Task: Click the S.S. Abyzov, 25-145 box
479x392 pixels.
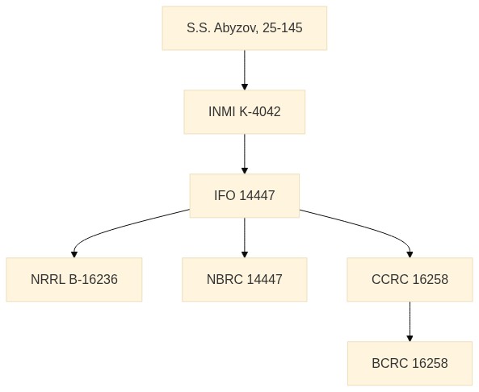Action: pyautogui.click(x=245, y=28)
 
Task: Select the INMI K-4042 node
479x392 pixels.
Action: pyautogui.click(x=245, y=111)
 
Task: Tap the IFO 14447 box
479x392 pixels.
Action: pyautogui.click(x=245, y=195)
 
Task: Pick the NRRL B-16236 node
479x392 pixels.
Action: pyautogui.click(x=74, y=279)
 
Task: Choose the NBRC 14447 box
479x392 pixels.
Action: pyautogui.click(x=245, y=279)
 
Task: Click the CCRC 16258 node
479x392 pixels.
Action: pyautogui.click(x=410, y=279)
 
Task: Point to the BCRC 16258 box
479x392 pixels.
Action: pyautogui.click(x=410, y=363)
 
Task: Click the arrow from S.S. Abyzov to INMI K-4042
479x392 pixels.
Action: pyautogui.click(x=245, y=70)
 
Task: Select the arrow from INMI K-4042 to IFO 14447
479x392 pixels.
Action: pyautogui.click(x=245, y=154)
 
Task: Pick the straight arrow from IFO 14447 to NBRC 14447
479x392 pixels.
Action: pyautogui.click(x=245, y=238)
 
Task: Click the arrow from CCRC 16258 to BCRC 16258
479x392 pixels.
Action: pyautogui.click(x=410, y=322)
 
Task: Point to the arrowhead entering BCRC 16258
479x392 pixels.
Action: pyautogui.click(x=410, y=338)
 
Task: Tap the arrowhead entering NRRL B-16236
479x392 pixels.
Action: pyautogui.click(x=74, y=254)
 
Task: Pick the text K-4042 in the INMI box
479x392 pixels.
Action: pyautogui.click(x=259, y=111)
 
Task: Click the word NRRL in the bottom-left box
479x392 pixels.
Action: pyautogui.click(x=48, y=279)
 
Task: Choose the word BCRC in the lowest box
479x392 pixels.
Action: pyautogui.click(x=390, y=363)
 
